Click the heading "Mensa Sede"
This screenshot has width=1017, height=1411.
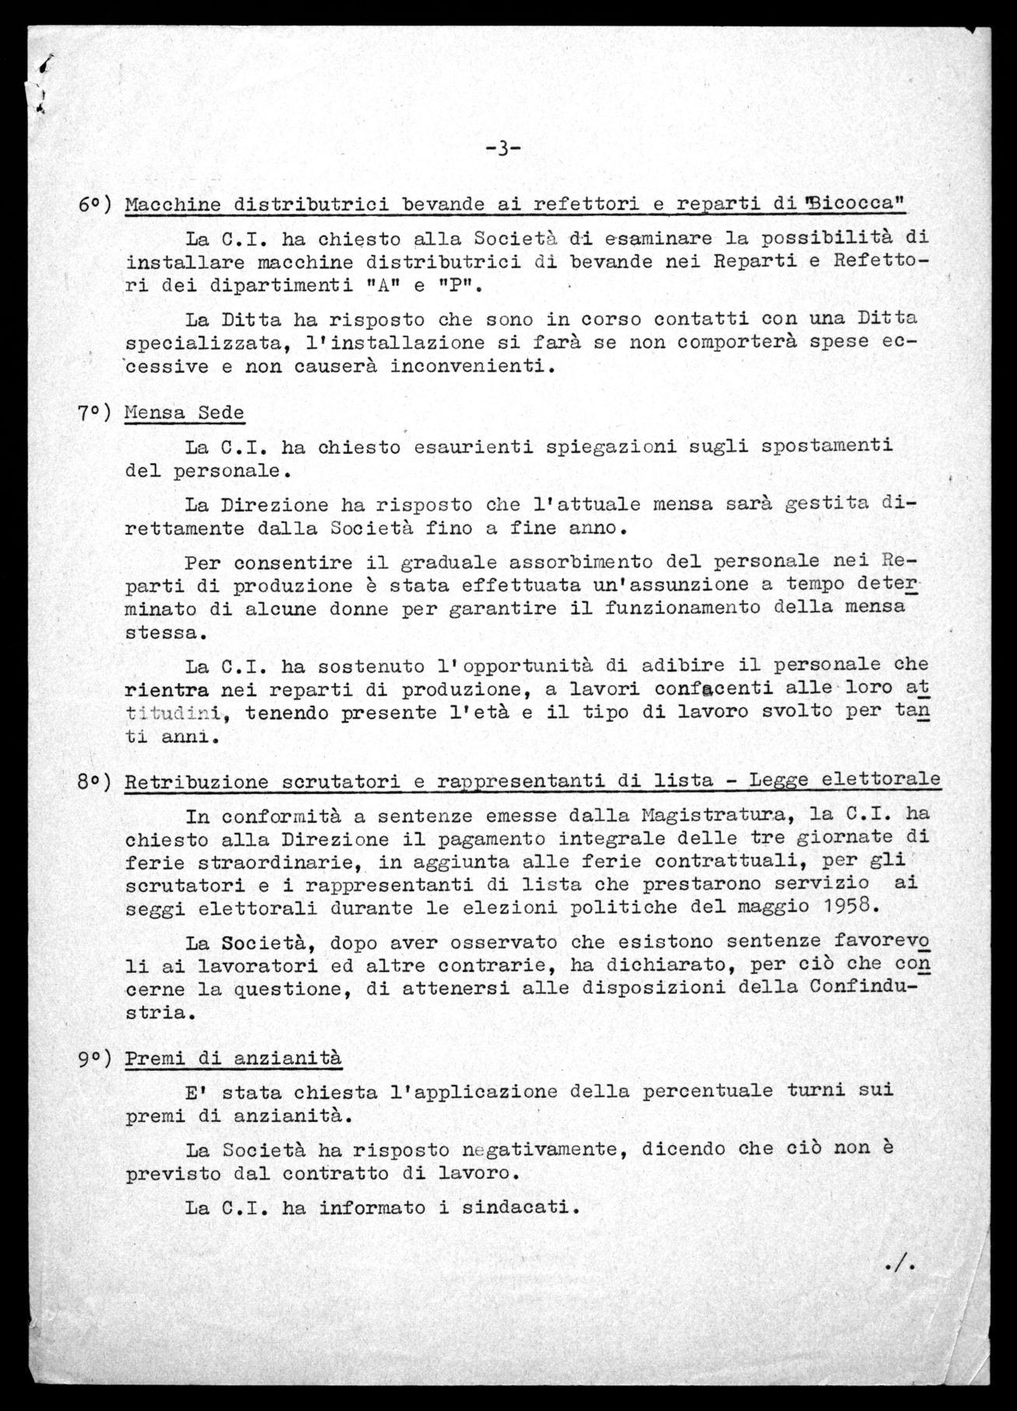click(x=184, y=412)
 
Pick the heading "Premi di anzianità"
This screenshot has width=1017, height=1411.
click(x=232, y=1057)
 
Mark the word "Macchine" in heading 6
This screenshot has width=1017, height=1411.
click(x=172, y=204)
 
